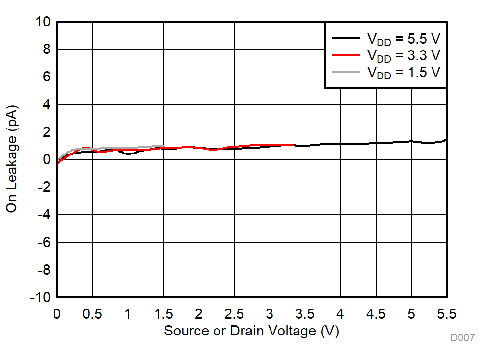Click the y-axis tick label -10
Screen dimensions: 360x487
[40, 298]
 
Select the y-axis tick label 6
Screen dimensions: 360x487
[47, 77]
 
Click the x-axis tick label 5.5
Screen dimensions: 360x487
[446, 313]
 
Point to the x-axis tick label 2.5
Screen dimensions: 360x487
[234, 313]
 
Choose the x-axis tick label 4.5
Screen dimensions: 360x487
[376, 313]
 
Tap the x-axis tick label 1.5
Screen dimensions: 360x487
[163, 313]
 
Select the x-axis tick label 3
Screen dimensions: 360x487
[270, 313]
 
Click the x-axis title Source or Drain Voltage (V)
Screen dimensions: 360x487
[251, 331]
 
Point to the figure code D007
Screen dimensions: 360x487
[462, 338]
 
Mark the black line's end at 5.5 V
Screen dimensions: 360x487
[446, 140]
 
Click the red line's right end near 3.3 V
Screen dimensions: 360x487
[293, 145]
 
